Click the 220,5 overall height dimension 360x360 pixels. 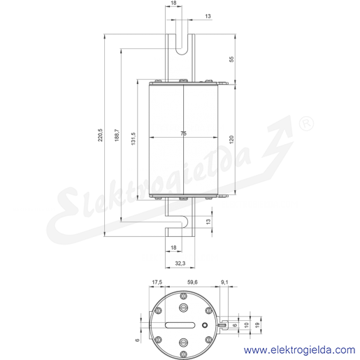point(100,135)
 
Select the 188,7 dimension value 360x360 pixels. point(117,135)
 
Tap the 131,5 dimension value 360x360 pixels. point(134,138)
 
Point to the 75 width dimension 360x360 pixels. point(184,134)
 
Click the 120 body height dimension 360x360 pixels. point(231,139)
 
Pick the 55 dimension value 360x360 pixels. point(231,59)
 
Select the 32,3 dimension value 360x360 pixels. point(180,263)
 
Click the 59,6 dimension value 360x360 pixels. point(192,282)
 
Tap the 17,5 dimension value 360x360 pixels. point(157,282)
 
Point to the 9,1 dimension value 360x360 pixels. point(224,282)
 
